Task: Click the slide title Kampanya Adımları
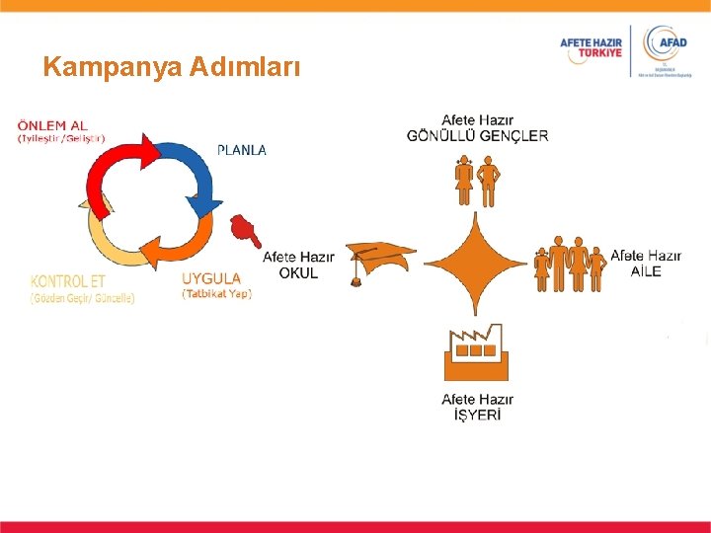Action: point(170,68)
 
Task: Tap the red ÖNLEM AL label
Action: point(52,125)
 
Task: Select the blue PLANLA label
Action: point(241,150)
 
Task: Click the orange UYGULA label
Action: point(211,278)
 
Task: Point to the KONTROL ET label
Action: point(68,280)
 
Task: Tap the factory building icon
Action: point(476,354)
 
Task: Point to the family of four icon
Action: point(569,264)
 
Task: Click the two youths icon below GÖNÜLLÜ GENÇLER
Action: point(475,181)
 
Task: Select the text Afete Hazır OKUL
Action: point(298,265)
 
